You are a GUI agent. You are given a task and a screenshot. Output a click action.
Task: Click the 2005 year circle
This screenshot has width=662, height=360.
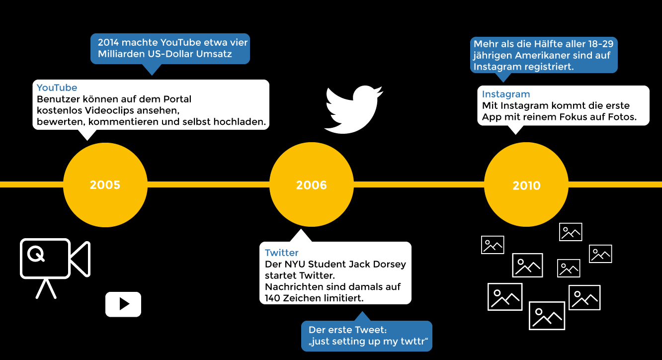[x=105, y=185]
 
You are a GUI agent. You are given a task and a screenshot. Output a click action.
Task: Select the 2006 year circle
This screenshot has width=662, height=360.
[x=312, y=185]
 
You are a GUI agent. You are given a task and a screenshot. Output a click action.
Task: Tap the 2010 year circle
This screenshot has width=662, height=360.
[x=526, y=185]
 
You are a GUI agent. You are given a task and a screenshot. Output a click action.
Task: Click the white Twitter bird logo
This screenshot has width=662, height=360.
[x=353, y=110]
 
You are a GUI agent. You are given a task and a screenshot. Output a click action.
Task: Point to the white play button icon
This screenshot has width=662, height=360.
[x=123, y=304]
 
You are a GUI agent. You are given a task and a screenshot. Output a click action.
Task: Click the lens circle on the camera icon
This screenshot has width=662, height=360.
[x=36, y=254]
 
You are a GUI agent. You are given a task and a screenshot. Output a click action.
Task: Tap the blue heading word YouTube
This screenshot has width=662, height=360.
[x=57, y=88]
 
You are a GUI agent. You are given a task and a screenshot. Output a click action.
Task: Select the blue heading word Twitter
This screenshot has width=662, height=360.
[x=282, y=253]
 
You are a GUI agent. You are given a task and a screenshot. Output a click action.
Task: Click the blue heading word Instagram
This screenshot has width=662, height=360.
[x=506, y=94]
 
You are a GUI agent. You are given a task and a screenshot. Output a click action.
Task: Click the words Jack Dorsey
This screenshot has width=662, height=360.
[x=381, y=264]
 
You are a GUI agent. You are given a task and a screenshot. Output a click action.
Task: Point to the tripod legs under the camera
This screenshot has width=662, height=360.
[x=46, y=288]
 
